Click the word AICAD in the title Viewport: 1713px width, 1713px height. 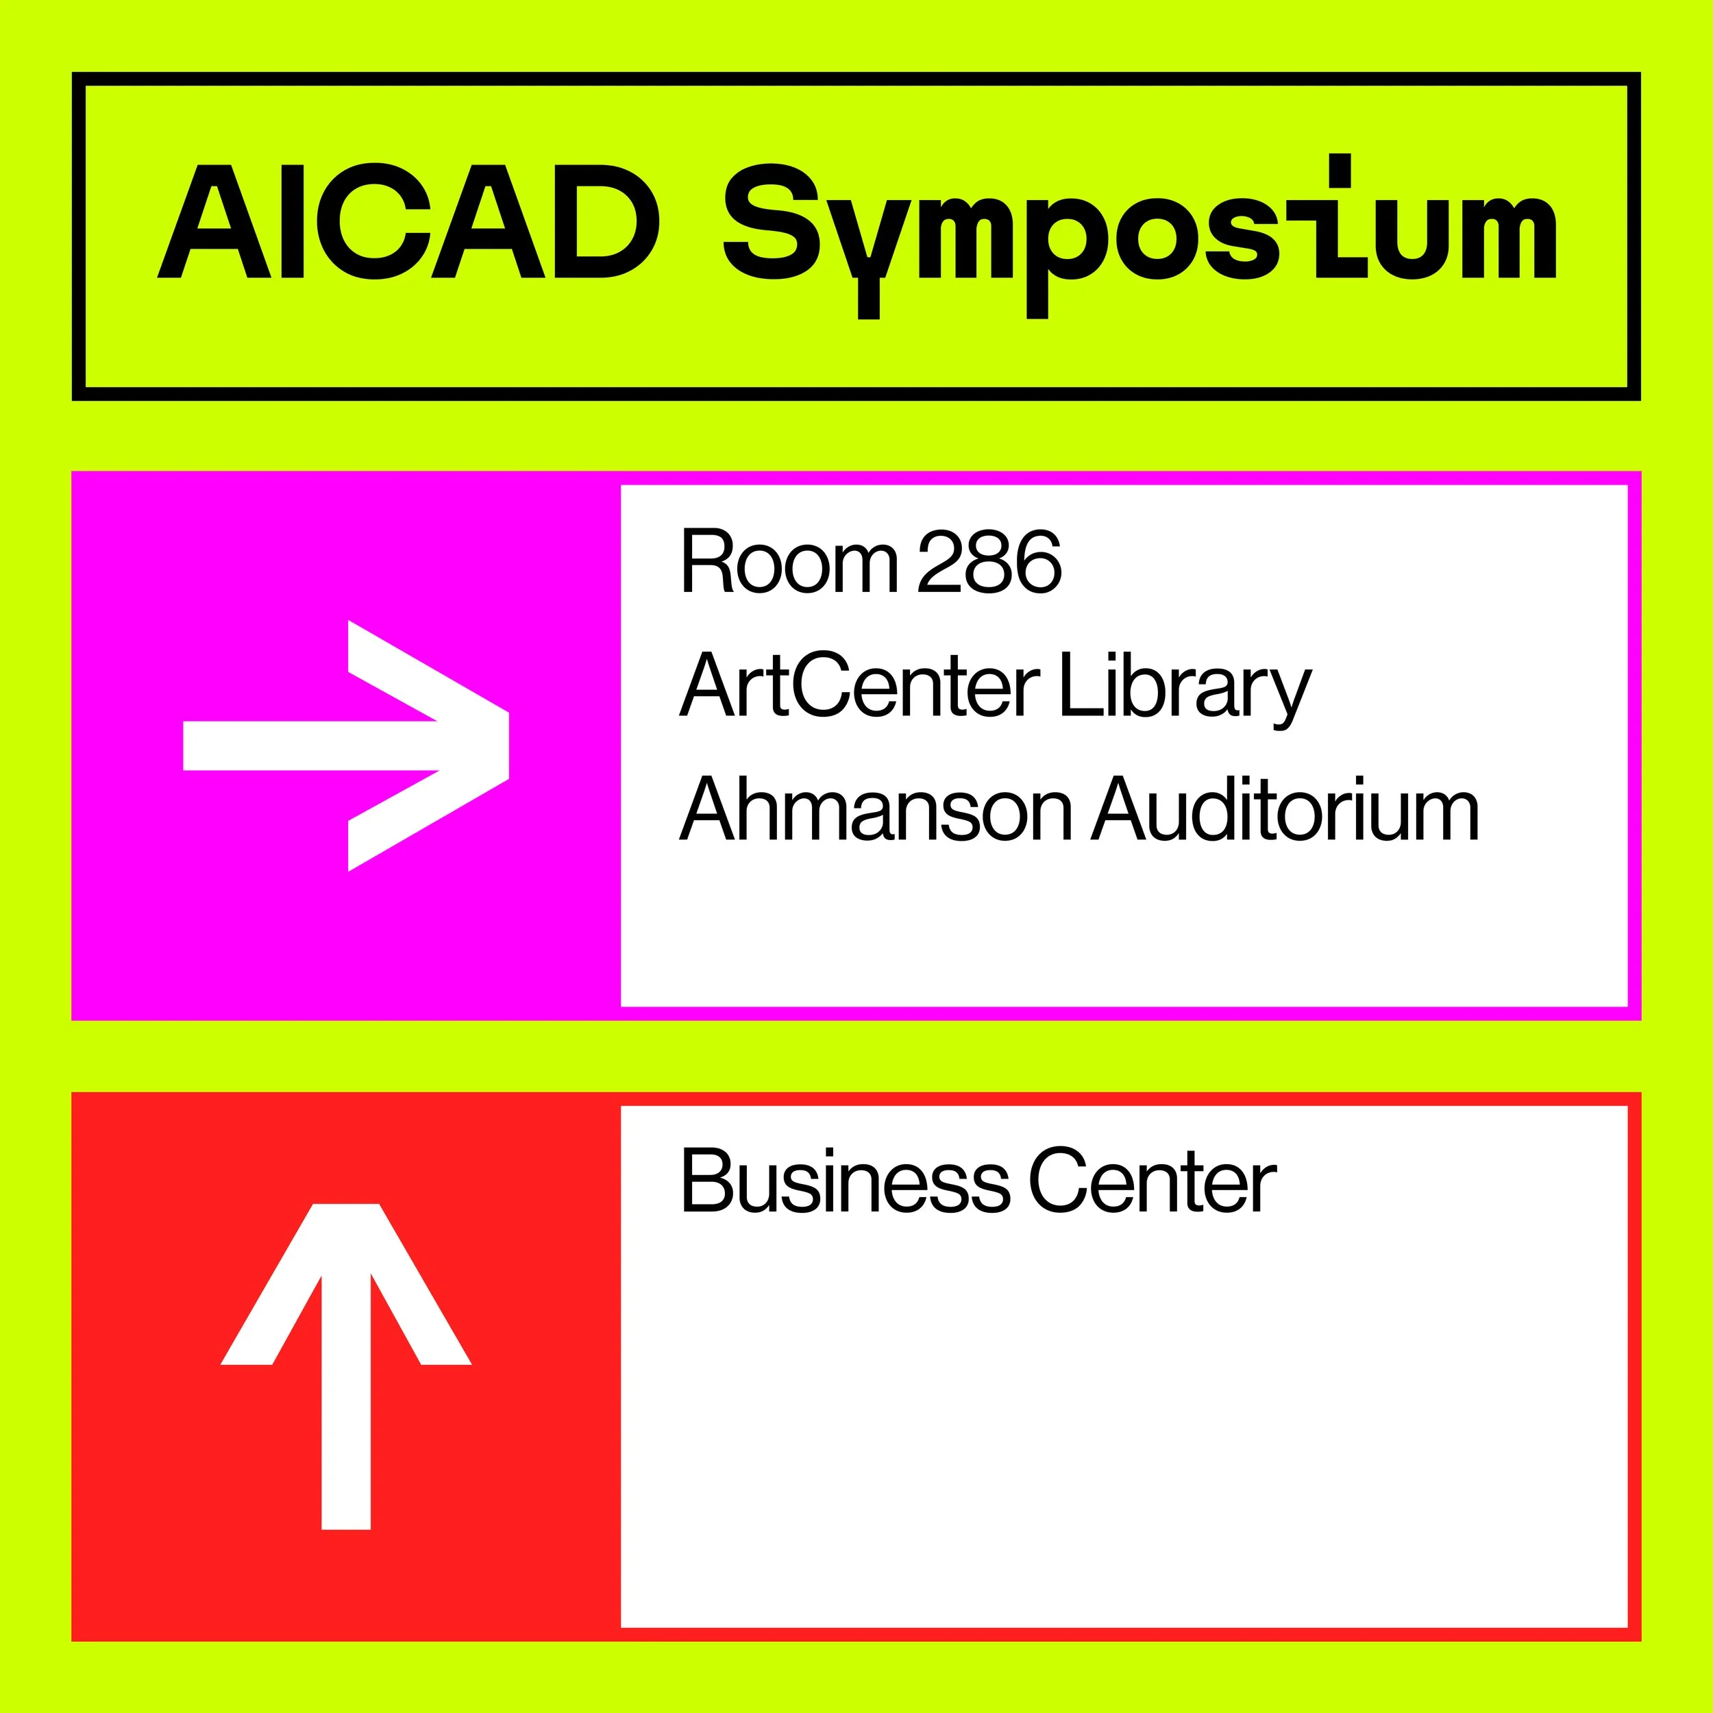pos(408,221)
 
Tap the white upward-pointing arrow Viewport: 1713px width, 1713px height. pos(346,1366)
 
